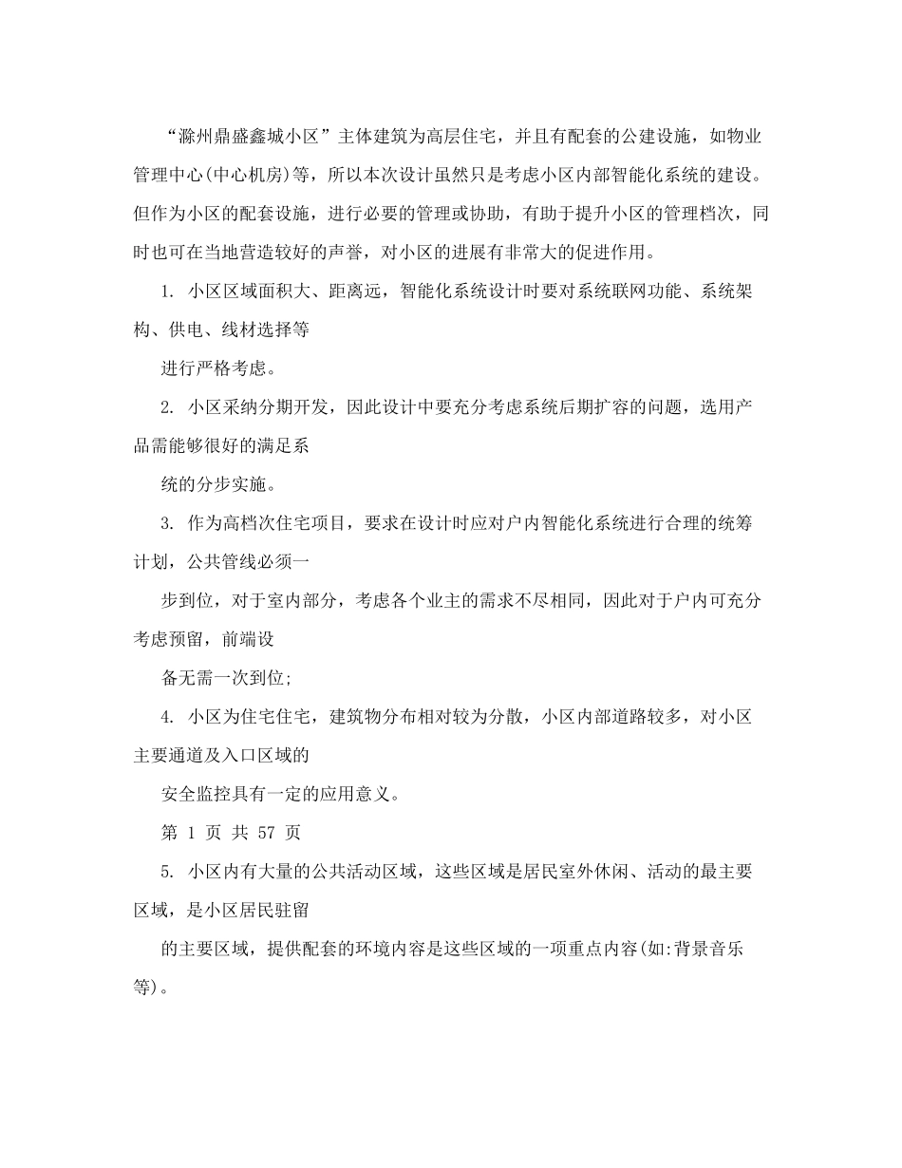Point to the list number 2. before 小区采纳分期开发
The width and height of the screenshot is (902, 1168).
tap(168, 407)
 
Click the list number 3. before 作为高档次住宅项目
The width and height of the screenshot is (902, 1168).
tap(168, 524)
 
